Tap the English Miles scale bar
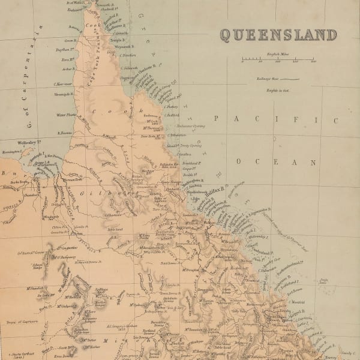[x=278, y=61]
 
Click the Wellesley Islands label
[x=33, y=143]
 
